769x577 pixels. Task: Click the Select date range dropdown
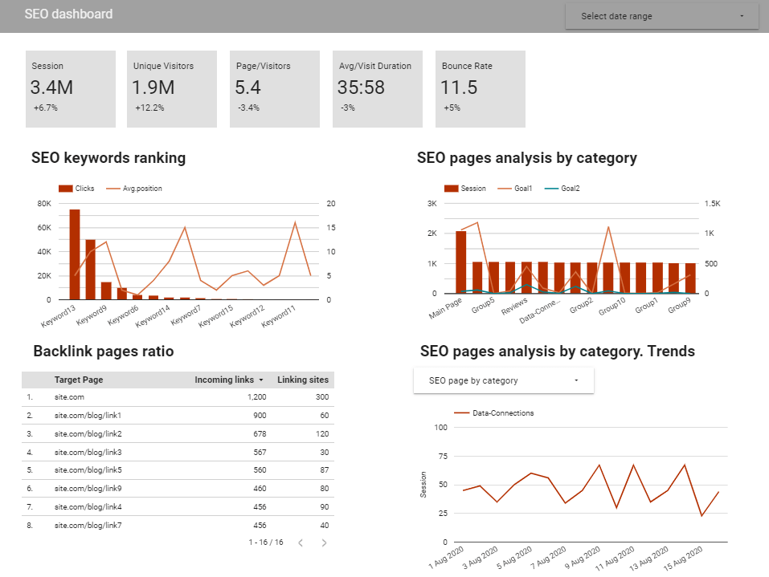(661, 16)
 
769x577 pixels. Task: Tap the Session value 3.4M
(51, 87)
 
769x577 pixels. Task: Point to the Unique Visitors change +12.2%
(149, 108)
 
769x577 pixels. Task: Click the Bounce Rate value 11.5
(460, 87)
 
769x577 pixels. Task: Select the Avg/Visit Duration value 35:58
(361, 87)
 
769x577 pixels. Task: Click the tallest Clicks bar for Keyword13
(75, 254)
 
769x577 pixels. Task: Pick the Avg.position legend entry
(141, 189)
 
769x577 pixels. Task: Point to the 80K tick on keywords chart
(43, 204)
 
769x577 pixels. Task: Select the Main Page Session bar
(461, 262)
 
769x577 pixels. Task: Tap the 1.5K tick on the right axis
(712, 204)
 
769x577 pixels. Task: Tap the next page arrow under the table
(325, 543)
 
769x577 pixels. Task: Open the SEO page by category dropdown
(503, 380)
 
